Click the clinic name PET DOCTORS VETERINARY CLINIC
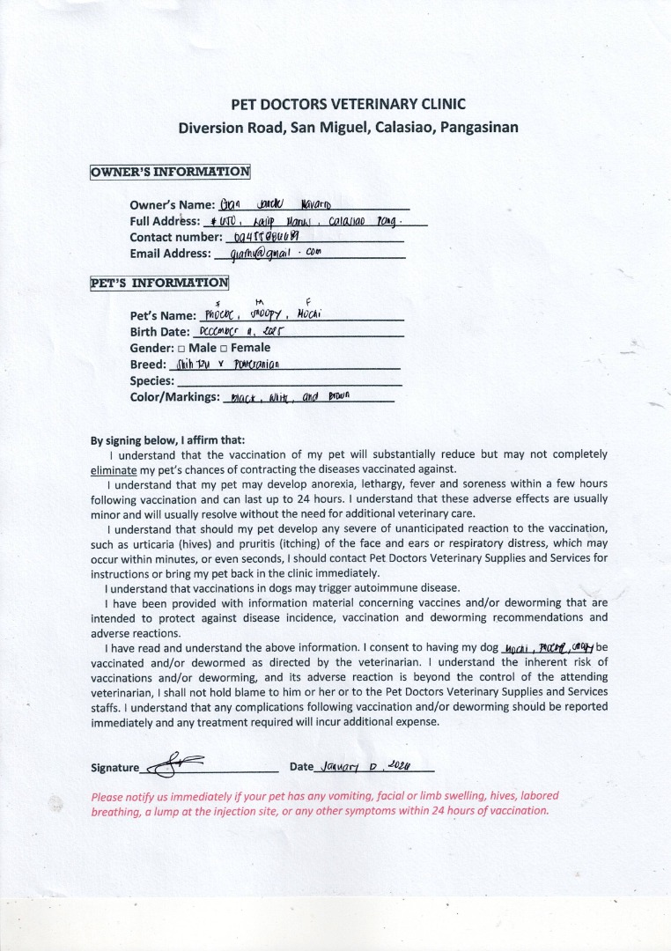pos(348,104)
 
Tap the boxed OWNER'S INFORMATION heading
pos(170,172)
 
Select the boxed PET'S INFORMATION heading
pos(159,283)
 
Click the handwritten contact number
pos(263,237)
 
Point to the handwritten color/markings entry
pos(289,397)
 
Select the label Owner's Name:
pos(172,205)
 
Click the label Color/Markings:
pos(174,397)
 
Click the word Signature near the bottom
pos(114,768)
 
